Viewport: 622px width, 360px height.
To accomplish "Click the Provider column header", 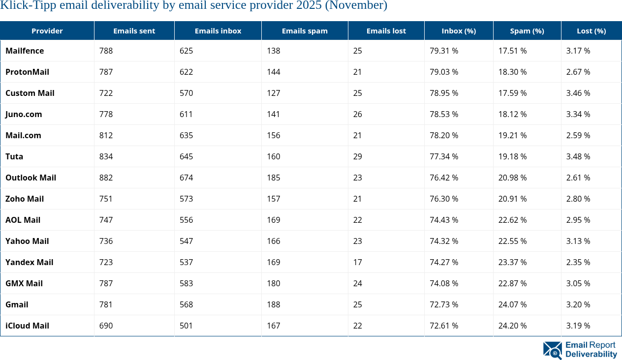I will tap(47, 30).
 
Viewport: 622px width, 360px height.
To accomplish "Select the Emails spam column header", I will tap(305, 30).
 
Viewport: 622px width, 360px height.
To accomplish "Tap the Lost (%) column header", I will tap(591, 30).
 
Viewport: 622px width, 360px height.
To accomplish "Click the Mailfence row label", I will tap(25, 51).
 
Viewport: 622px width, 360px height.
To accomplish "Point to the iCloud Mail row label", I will tap(27, 326).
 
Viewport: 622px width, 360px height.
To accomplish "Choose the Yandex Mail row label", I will tap(30, 262).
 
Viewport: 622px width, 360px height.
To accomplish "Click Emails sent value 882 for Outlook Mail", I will tap(106, 178).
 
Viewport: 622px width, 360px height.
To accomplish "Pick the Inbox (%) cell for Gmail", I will tap(444, 304).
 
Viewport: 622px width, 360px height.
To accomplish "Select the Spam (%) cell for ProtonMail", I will tap(512, 72).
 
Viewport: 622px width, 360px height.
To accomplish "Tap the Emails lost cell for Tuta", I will tap(357, 156).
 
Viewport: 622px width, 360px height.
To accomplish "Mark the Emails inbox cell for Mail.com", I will tap(187, 135).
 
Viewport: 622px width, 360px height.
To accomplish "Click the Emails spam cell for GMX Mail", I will tap(274, 283).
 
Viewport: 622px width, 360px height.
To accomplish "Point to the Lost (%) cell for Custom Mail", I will tap(578, 93).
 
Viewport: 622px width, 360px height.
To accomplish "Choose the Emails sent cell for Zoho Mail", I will tap(106, 199).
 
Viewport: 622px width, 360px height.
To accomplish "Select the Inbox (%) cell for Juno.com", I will tap(444, 114).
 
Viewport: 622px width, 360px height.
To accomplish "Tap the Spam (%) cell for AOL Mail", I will tap(512, 220).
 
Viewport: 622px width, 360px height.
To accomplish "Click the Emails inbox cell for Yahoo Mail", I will tap(187, 241).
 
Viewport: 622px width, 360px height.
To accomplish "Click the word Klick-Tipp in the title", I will tap(23, 6).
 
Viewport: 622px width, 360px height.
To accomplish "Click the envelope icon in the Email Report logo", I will tap(552, 350).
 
